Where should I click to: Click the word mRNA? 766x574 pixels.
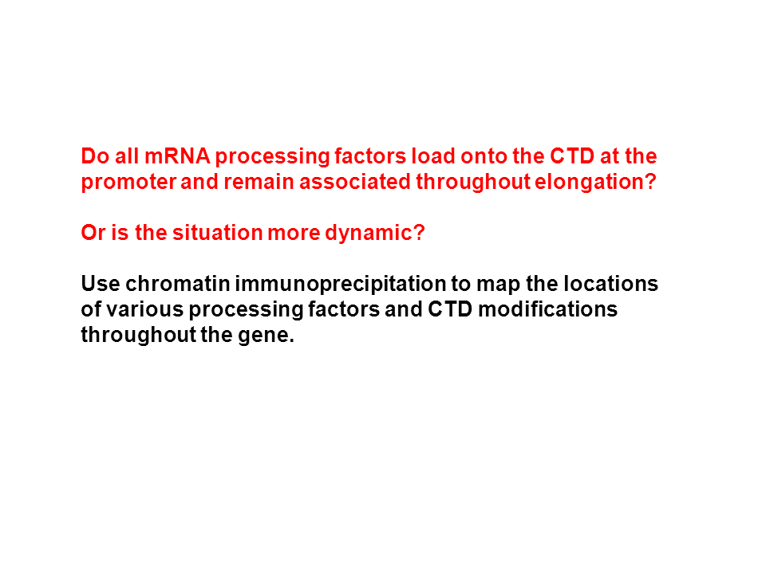tap(177, 156)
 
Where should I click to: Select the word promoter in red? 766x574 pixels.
tap(128, 183)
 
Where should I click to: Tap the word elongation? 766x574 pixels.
tap(595, 183)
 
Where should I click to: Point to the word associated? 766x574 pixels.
tap(355, 182)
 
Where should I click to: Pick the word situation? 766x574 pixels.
tap(217, 232)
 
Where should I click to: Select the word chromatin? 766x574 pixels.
tap(178, 284)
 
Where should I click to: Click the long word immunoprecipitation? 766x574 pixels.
tap(341, 285)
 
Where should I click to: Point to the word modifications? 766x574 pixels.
tap(547, 309)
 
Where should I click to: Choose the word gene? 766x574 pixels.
tap(266, 336)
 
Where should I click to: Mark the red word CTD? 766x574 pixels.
tap(572, 156)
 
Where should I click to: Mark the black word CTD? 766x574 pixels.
tap(450, 309)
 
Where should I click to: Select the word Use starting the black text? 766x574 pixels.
tap(101, 284)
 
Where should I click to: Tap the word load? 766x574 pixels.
tap(433, 156)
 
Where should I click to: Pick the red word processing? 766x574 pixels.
tap(272, 157)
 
